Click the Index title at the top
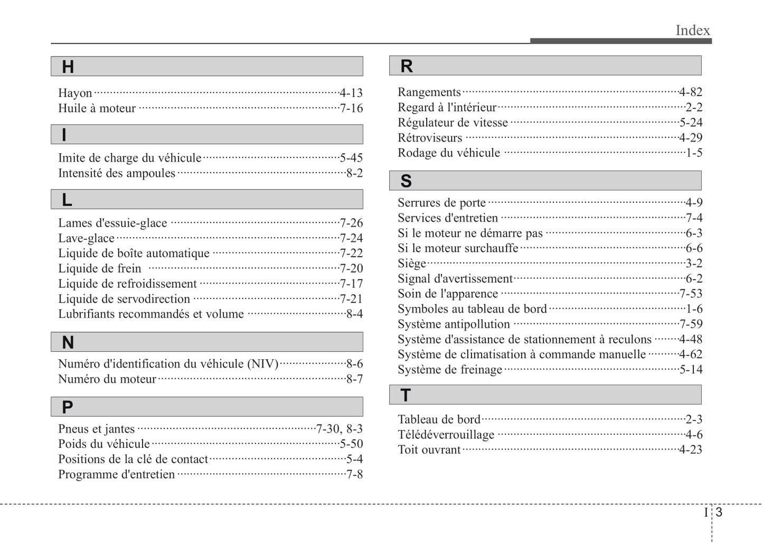pos(693,30)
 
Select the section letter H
pos(68,67)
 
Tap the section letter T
pos(406,395)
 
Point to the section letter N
pos(68,343)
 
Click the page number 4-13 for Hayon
pos(351,93)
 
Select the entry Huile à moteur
pos(97,108)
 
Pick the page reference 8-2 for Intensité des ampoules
pos(354,173)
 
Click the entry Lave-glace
pos(86,238)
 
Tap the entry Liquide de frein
pos(100,268)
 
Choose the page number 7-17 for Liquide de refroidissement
pos(351,284)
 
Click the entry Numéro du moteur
pos(107,379)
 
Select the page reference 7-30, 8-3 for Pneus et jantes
pos(340,429)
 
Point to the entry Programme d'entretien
pos(116,474)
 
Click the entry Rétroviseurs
pos(430,138)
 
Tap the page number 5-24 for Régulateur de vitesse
pos(691,123)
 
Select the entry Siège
pos(412,263)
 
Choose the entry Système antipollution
pos(454,324)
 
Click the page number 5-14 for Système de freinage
pos(691,370)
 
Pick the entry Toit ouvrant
pos(429,450)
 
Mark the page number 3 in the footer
pos(719,512)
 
